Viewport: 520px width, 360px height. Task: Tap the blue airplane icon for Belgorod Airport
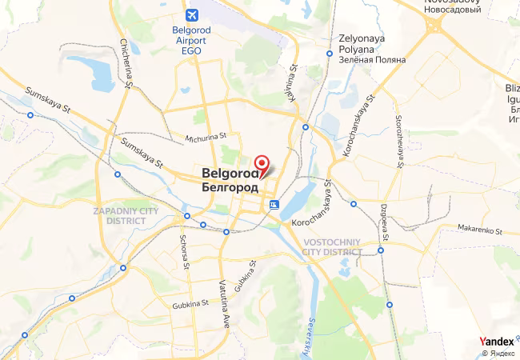[192, 15]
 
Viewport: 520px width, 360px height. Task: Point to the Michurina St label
[206, 138]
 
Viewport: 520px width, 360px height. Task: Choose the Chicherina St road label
[126, 63]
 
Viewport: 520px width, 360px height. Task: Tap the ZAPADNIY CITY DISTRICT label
[126, 216]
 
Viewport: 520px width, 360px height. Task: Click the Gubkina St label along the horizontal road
[190, 303]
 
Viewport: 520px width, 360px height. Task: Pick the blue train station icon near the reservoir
[274, 205]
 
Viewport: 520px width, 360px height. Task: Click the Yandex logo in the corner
[496, 342]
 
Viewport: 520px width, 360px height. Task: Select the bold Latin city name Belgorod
[229, 172]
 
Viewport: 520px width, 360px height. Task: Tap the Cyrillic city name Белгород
[230, 186]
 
